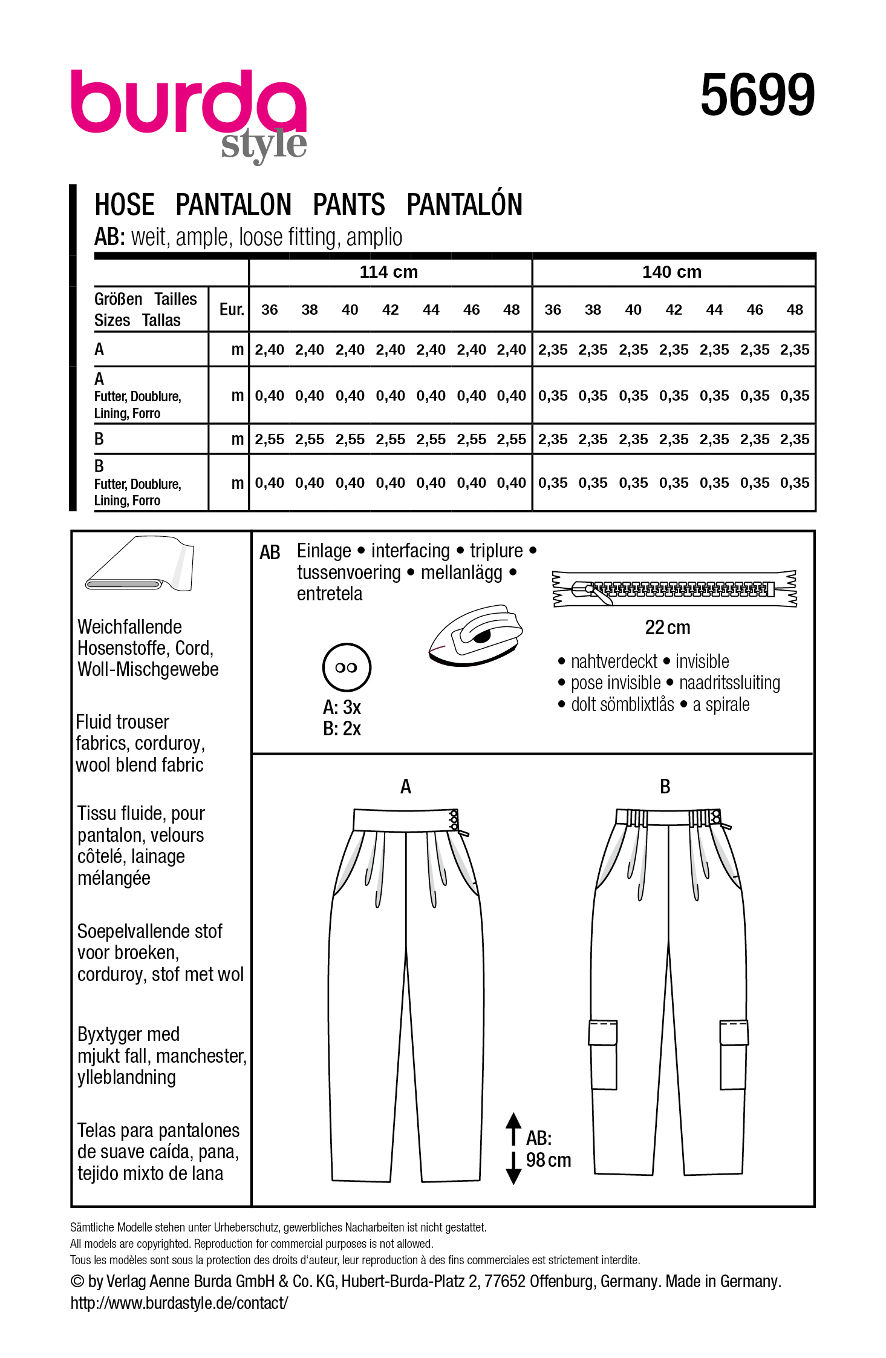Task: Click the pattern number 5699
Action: point(757,95)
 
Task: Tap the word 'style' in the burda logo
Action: point(264,145)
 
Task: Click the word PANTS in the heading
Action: point(349,205)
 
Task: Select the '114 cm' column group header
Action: point(388,272)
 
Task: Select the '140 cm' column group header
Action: point(671,272)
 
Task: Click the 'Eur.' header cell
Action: point(231,310)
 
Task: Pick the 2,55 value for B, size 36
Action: point(269,440)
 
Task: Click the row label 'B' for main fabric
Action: point(100,439)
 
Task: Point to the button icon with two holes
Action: point(347,668)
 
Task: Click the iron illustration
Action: point(475,635)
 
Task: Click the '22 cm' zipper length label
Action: point(667,628)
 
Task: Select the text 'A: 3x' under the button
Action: point(342,707)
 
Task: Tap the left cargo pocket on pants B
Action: point(603,1054)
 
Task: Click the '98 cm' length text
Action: point(548,1160)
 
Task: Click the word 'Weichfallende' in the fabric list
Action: point(129,627)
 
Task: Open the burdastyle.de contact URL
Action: point(179,1303)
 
